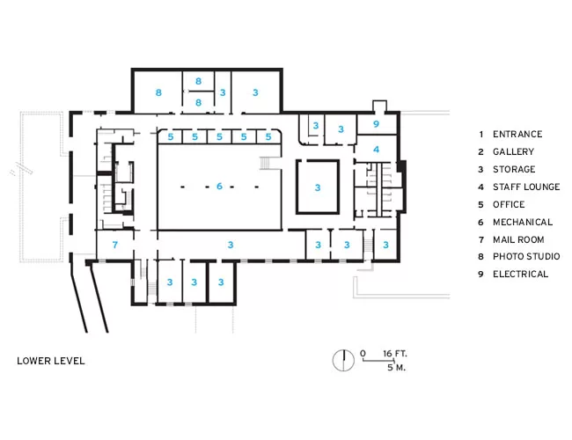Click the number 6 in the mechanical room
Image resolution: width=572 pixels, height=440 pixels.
click(x=219, y=186)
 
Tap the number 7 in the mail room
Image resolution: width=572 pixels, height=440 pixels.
click(x=115, y=245)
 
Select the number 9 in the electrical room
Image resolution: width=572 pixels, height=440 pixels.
click(x=376, y=124)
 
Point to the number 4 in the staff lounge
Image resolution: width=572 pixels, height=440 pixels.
click(x=376, y=150)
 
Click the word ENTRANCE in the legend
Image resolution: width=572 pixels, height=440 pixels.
click(x=517, y=134)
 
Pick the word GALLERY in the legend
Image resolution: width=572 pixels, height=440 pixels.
click(x=513, y=151)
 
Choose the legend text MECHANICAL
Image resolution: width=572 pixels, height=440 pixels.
click(x=523, y=222)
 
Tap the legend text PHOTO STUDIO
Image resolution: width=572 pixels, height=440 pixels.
click(x=526, y=256)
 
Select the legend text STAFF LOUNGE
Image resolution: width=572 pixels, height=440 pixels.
click(x=526, y=187)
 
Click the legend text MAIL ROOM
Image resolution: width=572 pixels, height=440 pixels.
click(x=518, y=239)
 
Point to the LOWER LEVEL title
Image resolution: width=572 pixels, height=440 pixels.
click(x=51, y=361)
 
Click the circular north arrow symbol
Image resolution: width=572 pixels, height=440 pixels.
click(x=343, y=361)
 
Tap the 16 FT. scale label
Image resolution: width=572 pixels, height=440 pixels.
click(x=395, y=354)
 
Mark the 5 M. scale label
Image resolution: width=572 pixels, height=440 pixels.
click(x=396, y=367)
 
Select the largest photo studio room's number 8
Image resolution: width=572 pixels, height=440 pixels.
click(x=158, y=92)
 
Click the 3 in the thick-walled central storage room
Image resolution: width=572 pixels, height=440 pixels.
click(x=318, y=187)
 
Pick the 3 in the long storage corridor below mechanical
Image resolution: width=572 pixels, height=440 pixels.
click(x=231, y=245)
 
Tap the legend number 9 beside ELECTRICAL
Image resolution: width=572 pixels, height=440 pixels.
click(x=480, y=274)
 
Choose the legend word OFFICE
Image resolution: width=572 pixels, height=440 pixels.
click(x=509, y=204)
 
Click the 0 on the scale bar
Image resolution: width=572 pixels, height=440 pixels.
click(x=363, y=353)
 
